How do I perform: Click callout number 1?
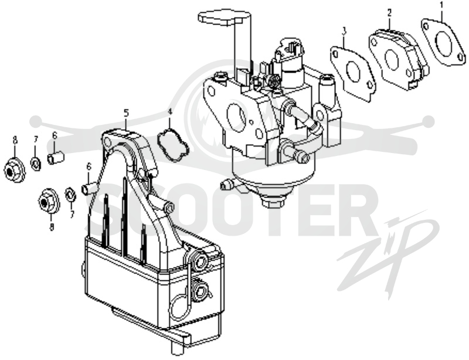[x=442, y=5]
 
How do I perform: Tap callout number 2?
[x=389, y=13]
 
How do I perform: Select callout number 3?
[x=344, y=30]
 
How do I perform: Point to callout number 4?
[x=170, y=111]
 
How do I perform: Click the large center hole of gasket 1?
[x=444, y=42]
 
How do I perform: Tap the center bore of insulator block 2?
[x=391, y=60]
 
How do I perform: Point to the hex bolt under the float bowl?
[x=273, y=203]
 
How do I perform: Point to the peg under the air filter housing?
[x=177, y=349]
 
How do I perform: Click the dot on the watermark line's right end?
[x=429, y=121]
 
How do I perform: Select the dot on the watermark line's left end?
[x=36, y=121]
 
